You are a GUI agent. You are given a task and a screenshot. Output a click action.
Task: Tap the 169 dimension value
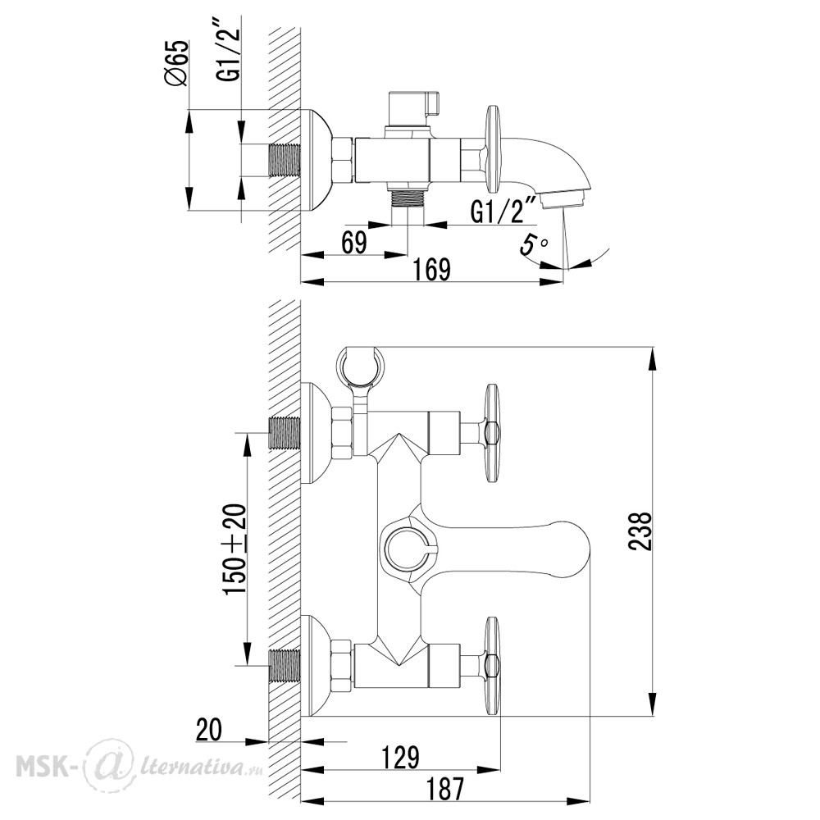[431, 270]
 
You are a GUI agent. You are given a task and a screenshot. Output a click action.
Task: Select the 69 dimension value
[354, 243]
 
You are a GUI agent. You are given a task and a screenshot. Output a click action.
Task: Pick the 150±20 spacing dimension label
[235, 549]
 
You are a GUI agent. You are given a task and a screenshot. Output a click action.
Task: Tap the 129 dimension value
[400, 757]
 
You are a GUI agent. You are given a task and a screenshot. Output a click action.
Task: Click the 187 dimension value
[445, 789]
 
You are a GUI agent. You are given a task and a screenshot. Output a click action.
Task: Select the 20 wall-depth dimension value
[208, 730]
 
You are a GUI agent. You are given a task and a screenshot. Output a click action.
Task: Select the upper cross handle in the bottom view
[492, 432]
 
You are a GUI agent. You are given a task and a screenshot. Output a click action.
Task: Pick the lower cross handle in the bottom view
[492, 666]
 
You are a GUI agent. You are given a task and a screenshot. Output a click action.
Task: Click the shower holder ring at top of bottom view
[360, 366]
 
